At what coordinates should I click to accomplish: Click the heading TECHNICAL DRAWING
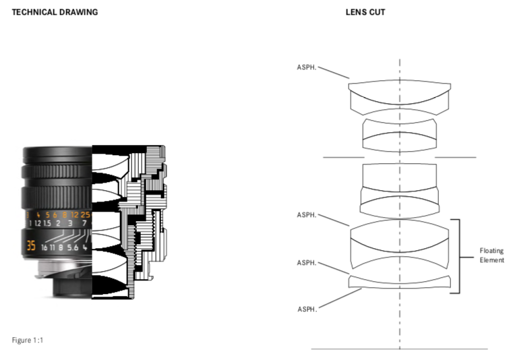55,12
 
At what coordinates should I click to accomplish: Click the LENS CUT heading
365,12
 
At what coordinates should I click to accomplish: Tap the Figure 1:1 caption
28,340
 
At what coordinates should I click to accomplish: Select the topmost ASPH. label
307,67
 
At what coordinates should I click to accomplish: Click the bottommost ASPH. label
307,309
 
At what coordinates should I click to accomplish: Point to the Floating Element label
491,256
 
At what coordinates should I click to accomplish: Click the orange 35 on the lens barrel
31,245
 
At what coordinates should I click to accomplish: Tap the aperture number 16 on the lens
44,247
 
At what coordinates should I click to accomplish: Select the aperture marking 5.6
73,247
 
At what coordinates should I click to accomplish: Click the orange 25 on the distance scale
85,214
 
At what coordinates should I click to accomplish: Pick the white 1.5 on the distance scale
47,223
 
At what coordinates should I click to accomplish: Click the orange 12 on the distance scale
75,214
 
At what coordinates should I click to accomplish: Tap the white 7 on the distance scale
84,223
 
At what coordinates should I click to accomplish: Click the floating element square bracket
459,256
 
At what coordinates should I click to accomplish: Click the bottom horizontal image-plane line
399,349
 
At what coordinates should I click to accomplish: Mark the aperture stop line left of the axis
344,158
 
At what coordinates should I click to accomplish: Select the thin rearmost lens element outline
400,282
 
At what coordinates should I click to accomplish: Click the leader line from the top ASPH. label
334,73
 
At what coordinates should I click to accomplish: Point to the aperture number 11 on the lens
53,247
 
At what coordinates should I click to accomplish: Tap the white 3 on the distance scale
70,223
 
